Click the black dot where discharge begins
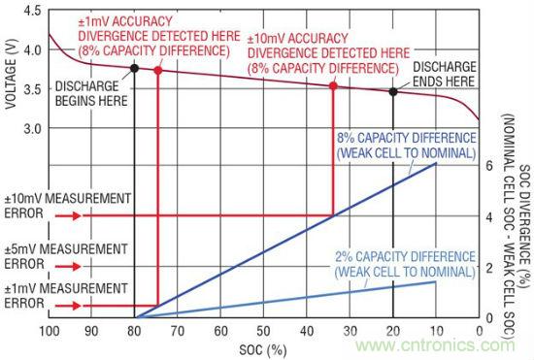click(135, 68)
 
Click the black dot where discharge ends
click(393, 91)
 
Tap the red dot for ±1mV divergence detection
click(158, 71)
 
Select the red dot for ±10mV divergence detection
click(333, 85)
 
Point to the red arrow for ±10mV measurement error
click(68, 215)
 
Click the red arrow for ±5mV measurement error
click(68, 266)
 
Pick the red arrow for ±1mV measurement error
click(68, 306)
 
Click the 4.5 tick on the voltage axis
click(32, 11)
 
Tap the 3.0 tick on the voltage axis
click(32, 129)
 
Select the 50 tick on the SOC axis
click(263, 331)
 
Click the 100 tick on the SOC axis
click(50, 331)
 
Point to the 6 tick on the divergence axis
click(489, 166)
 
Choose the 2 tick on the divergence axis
click(489, 268)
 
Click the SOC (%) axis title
click(263, 349)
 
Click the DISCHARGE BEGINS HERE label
click(91, 93)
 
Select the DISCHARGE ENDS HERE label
click(445, 74)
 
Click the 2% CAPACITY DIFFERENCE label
click(405, 264)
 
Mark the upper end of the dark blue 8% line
click(436, 163)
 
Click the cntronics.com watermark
click(435, 345)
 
